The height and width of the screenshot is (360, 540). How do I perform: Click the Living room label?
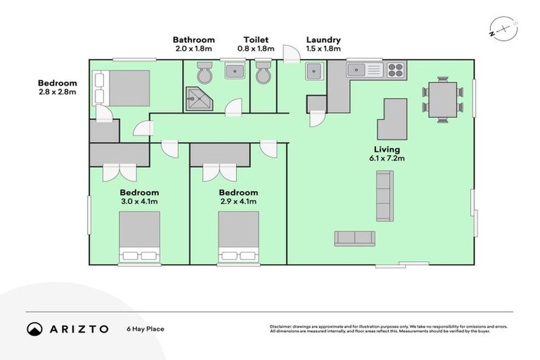click(x=387, y=150)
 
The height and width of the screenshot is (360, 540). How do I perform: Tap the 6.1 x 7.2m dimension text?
click(x=387, y=160)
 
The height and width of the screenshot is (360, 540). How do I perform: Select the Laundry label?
click(x=323, y=40)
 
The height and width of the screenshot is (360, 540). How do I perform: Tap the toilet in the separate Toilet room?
click(x=264, y=72)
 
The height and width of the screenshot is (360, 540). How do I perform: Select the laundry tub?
click(x=314, y=71)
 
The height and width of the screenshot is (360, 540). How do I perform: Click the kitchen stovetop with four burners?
click(x=395, y=70)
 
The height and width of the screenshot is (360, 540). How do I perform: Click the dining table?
click(x=443, y=99)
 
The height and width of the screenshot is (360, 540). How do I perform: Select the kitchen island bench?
click(x=392, y=119)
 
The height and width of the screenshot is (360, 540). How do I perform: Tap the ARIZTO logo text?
click(x=78, y=329)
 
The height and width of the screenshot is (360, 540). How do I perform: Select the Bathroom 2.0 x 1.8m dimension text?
click(x=194, y=49)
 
